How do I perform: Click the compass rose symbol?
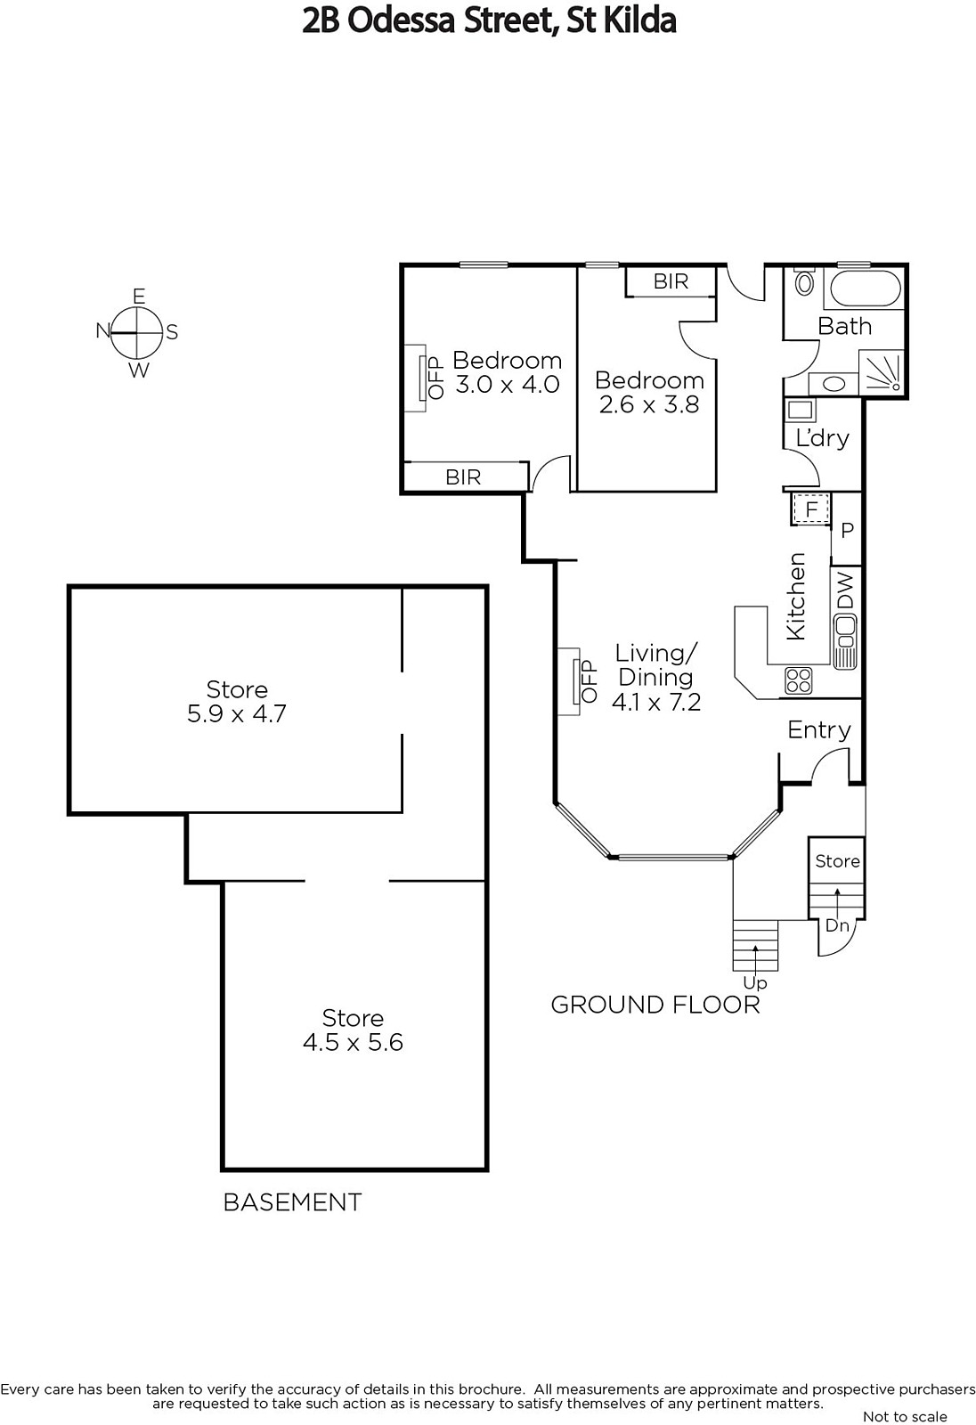tap(136, 333)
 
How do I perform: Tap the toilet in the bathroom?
tap(804, 281)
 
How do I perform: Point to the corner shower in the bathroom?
tap(881, 372)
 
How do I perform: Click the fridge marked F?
tap(810, 509)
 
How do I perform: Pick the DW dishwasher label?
tap(844, 590)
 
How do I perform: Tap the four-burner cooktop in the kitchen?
tap(799, 680)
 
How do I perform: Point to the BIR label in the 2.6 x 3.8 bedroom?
tap(671, 281)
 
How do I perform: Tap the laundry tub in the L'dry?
tap(801, 409)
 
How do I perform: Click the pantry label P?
tap(847, 530)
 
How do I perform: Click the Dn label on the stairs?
tap(837, 925)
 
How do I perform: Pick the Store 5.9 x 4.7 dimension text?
tap(237, 713)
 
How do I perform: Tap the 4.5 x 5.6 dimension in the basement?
tap(354, 1042)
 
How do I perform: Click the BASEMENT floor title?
tap(293, 1202)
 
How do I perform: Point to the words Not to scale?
tap(904, 1416)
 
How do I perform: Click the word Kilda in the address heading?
tap(639, 21)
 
